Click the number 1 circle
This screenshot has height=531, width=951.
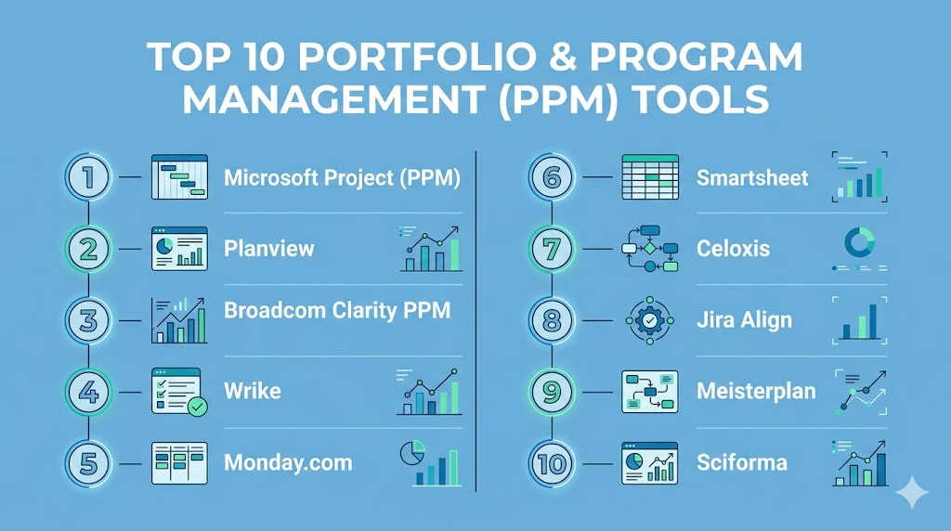(x=88, y=177)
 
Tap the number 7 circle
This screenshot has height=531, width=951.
(x=552, y=249)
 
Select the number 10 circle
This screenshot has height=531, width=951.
(x=552, y=464)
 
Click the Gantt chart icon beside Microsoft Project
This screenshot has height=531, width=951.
(x=179, y=177)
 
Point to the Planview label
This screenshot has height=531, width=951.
(x=268, y=249)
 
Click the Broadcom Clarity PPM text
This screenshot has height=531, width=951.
(x=337, y=310)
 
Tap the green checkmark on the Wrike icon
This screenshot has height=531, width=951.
(x=197, y=406)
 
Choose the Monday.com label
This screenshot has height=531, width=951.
(x=288, y=463)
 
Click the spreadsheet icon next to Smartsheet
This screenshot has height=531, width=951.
(x=650, y=177)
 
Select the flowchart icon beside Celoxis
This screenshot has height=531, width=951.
(x=650, y=249)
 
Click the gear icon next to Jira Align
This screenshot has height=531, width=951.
(x=650, y=320)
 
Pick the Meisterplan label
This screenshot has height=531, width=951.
(x=756, y=391)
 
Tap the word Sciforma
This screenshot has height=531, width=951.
(x=742, y=463)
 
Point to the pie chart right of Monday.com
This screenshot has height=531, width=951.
(x=412, y=453)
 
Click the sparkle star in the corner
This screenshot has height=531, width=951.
(x=912, y=492)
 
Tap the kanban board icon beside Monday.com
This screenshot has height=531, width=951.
(x=179, y=463)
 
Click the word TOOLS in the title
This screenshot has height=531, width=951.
(x=700, y=99)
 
